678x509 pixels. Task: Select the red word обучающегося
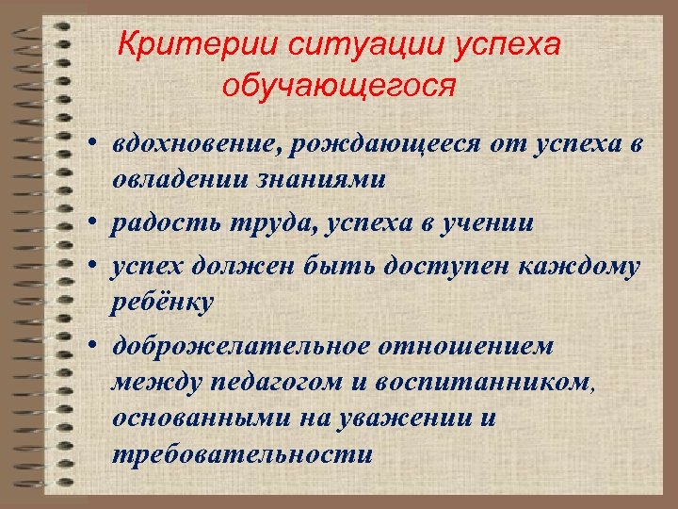coord(339,86)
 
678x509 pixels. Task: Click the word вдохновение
coord(197,145)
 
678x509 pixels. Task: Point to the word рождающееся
coord(388,145)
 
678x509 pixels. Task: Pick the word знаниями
coord(320,180)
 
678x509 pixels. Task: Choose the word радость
coord(155,223)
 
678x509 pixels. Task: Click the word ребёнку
coord(163,302)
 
